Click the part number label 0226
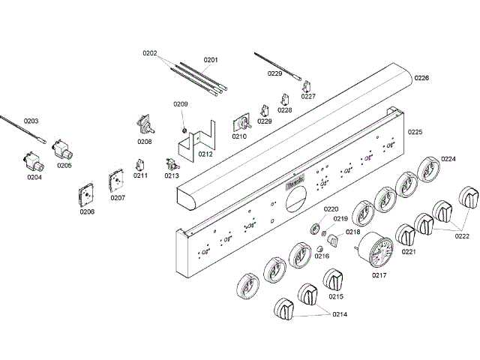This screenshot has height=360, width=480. click(422, 78)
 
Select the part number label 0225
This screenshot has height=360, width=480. click(415, 132)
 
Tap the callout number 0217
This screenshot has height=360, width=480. click(379, 274)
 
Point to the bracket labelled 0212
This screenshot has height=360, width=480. click(199, 139)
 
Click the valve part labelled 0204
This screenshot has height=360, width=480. click(33, 160)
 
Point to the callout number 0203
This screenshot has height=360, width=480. click(31, 121)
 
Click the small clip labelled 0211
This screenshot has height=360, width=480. click(139, 164)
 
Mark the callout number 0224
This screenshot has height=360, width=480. click(448, 159)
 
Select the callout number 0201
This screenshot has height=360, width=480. click(211, 60)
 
